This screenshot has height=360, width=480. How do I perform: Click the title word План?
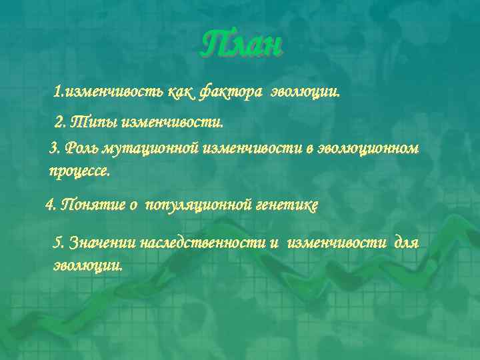[x=241, y=45]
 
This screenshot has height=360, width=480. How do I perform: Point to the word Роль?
[x=80, y=149]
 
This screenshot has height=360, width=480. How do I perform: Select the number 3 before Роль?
[x=54, y=149]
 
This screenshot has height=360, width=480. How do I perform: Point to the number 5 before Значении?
[x=57, y=243]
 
